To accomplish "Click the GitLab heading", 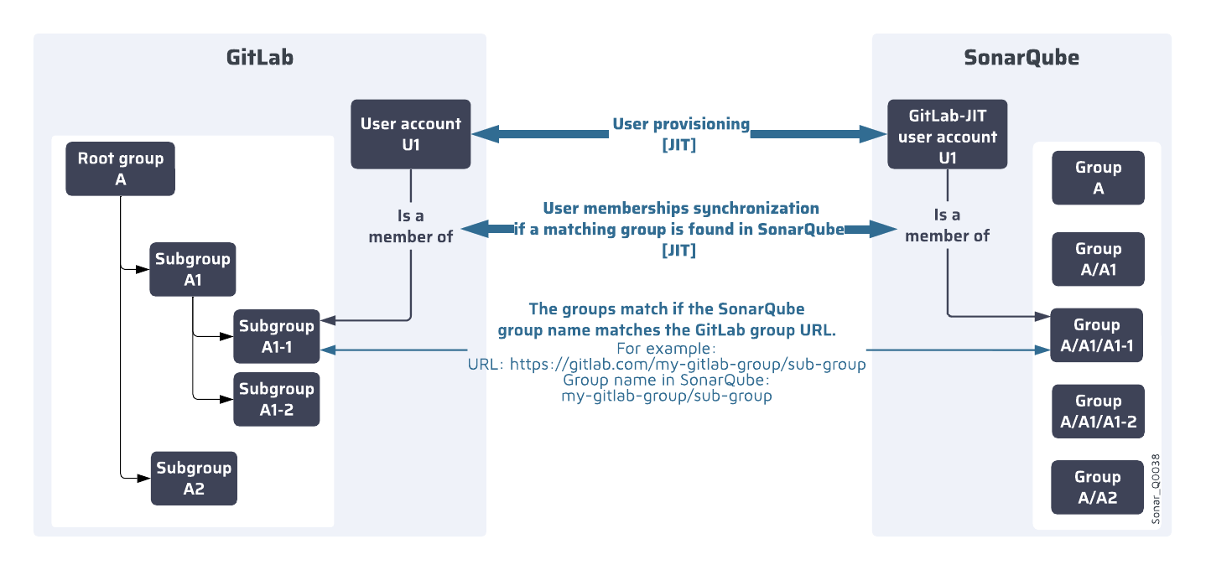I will pos(259,58).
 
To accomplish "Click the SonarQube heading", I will pos(1021,58).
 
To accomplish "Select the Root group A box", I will pos(121,169).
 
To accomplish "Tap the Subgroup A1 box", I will pos(192,270).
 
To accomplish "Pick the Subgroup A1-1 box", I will pos(277,335).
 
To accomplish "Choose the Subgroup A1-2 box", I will pos(277,399).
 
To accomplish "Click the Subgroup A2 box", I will pos(194,479).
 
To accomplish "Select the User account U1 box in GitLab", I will pos(410,134).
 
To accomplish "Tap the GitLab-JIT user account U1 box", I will pos(947,134).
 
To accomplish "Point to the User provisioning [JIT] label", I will pos(680,133).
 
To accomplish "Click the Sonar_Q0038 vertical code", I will pos(1156,490).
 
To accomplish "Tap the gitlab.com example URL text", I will pos(667,365).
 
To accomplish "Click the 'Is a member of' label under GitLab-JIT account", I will pos(947,226).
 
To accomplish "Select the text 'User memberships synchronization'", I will pos(680,208).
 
